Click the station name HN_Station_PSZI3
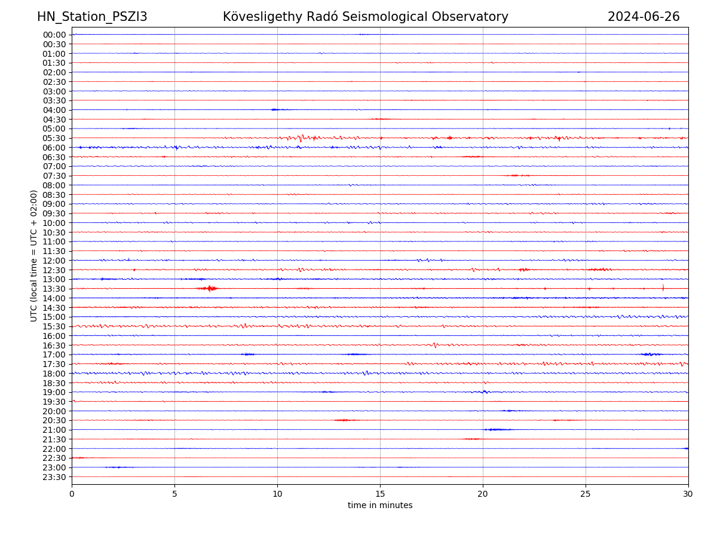tap(92, 17)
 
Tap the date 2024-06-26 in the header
tap(644, 17)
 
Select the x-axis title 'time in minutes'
tap(380, 505)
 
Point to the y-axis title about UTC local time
tap(34, 255)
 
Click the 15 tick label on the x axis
tap(380, 494)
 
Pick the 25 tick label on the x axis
tap(586, 494)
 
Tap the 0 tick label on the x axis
tap(72, 494)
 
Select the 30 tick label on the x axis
tap(688, 494)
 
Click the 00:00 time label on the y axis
tap(54, 35)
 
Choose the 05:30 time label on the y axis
tap(54, 138)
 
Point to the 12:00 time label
tap(54, 261)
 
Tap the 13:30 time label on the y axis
tap(54, 289)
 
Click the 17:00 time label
tap(54, 354)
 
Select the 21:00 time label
tap(54, 430)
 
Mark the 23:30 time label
tap(54, 477)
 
